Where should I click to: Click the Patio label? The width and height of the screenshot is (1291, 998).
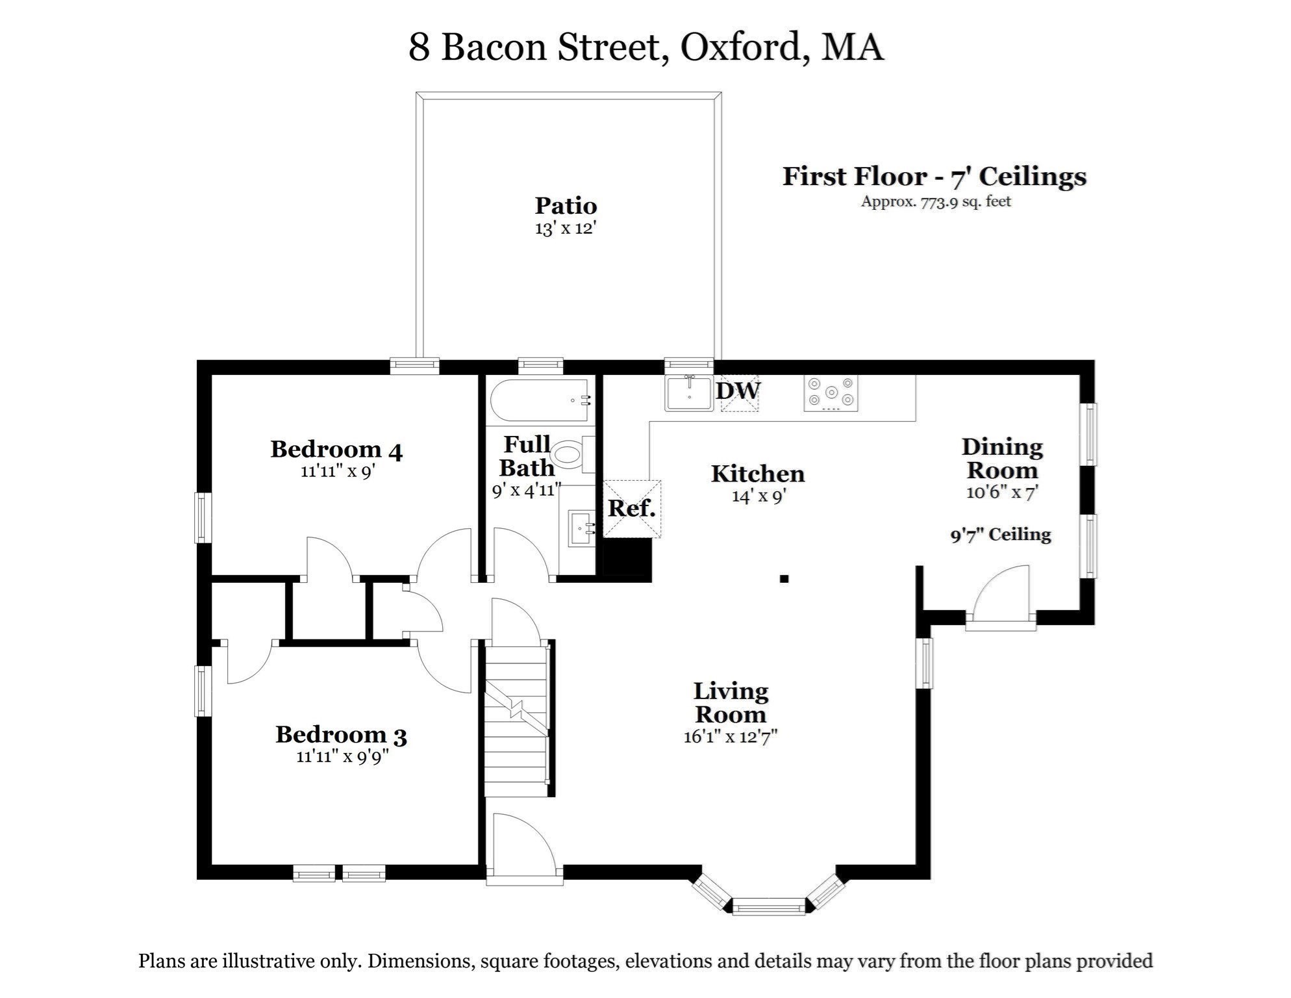pyautogui.click(x=566, y=206)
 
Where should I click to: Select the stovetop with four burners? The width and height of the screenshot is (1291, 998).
pyautogui.click(x=831, y=393)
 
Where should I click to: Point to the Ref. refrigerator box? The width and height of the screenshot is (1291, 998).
pyautogui.click(x=632, y=509)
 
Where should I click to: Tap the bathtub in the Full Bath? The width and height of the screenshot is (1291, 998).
pyautogui.click(x=540, y=401)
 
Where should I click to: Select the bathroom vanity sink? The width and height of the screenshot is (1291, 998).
pyautogui.click(x=581, y=528)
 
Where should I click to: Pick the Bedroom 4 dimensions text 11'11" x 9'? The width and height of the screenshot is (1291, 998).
pyautogui.click(x=338, y=471)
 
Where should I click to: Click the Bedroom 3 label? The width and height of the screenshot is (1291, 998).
pyautogui.click(x=341, y=735)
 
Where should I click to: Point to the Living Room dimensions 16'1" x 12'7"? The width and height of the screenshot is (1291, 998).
pyautogui.click(x=731, y=737)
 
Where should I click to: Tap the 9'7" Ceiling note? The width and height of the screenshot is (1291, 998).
pyautogui.click(x=1001, y=535)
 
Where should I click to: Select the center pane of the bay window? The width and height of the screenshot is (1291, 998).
pyautogui.click(x=769, y=906)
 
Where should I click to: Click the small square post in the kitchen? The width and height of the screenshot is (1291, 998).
pyautogui.click(x=784, y=578)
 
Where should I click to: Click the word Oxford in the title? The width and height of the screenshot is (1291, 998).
pyautogui.click(x=740, y=47)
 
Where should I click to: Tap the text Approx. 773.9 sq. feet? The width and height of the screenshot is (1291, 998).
pyautogui.click(x=936, y=201)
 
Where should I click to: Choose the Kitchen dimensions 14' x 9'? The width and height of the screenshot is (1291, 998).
pyautogui.click(x=759, y=496)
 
